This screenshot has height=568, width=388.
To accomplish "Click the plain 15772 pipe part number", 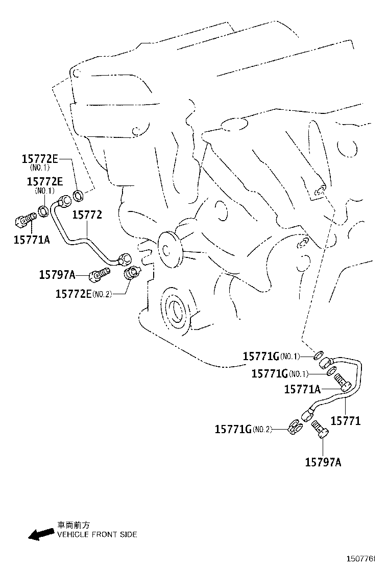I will (x=87, y=215).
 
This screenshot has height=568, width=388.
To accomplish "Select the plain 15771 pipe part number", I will (x=346, y=421).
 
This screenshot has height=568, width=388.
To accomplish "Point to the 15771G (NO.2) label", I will (x=243, y=430).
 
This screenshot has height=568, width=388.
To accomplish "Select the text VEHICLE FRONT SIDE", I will (x=96, y=535).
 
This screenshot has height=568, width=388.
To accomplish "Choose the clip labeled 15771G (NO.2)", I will (x=296, y=427).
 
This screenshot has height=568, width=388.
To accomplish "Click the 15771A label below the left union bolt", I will (x=32, y=239).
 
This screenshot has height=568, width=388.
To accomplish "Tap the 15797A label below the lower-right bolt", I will (x=323, y=462).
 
